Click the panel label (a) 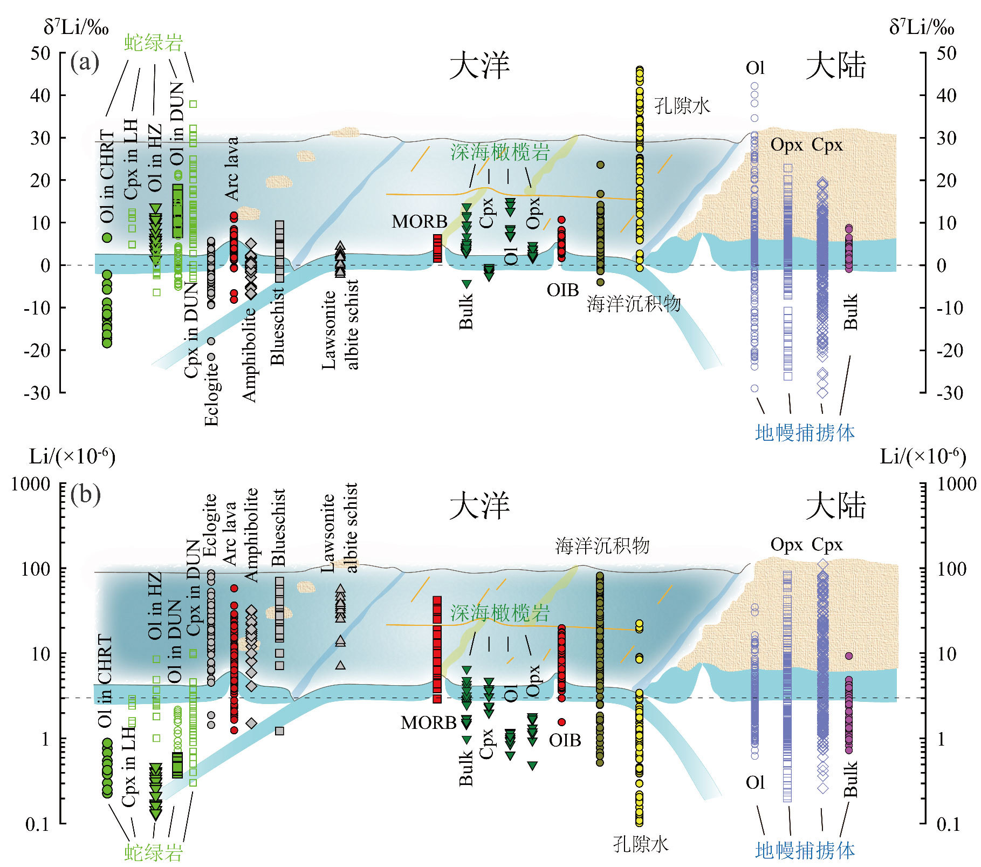tap(85, 63)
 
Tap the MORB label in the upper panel tap(420, 222)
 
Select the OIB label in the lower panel tap(565, 740)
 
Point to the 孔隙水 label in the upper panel tap(682, 106)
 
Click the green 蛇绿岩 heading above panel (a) tap(154, 43)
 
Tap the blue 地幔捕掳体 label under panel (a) tap(805, 432)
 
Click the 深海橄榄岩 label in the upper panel tap(499, 153)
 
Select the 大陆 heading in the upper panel tap(835, 66)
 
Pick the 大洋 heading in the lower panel tap(479, 506)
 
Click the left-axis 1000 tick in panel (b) tap(31, 484)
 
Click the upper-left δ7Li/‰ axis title tap(76, 27)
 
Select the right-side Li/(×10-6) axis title tap(923, 457)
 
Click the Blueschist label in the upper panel tap(277, 326)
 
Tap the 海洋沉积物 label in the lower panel tap(602, 546)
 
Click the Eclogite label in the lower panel tap(210, 524)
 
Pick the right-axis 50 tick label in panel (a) tap(946, 53)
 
